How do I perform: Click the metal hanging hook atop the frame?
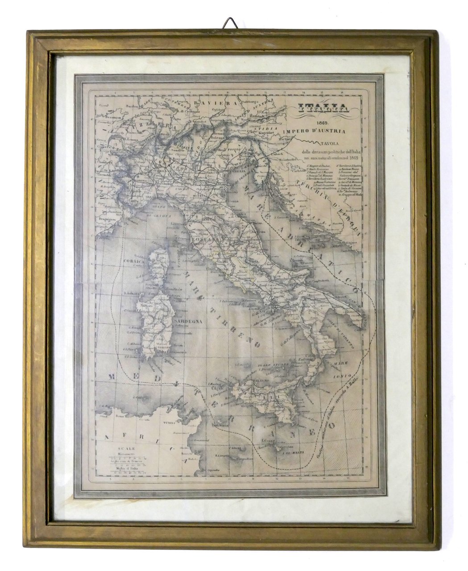click(230, 24)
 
